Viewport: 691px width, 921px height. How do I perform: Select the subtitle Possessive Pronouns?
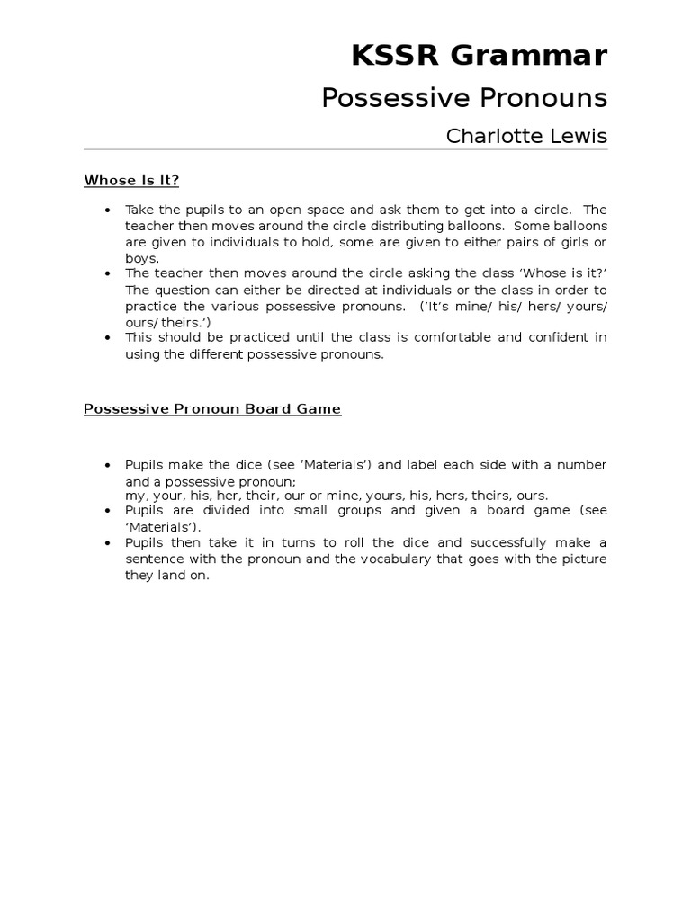tap(464, 98)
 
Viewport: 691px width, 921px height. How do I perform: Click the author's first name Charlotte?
tap(492, 136)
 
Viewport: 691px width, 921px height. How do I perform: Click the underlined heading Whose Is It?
tap(131, 180)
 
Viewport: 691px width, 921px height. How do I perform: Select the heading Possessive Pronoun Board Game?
tap(212, 408)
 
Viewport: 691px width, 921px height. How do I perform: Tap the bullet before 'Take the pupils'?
tap(108, 210)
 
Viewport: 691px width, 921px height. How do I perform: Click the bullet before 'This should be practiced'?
tap(108, 338)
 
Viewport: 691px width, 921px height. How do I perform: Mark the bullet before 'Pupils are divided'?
tap(108, 511)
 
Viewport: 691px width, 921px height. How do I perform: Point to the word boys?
tap(140, 257)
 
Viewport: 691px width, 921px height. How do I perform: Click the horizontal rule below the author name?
tap(345, 149)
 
